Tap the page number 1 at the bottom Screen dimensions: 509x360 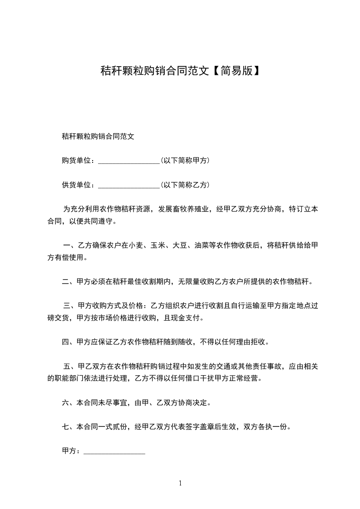tap(180, 483)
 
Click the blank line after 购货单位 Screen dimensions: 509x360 tap(128, 161)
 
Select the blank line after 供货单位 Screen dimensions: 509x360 tap(128, 185)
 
